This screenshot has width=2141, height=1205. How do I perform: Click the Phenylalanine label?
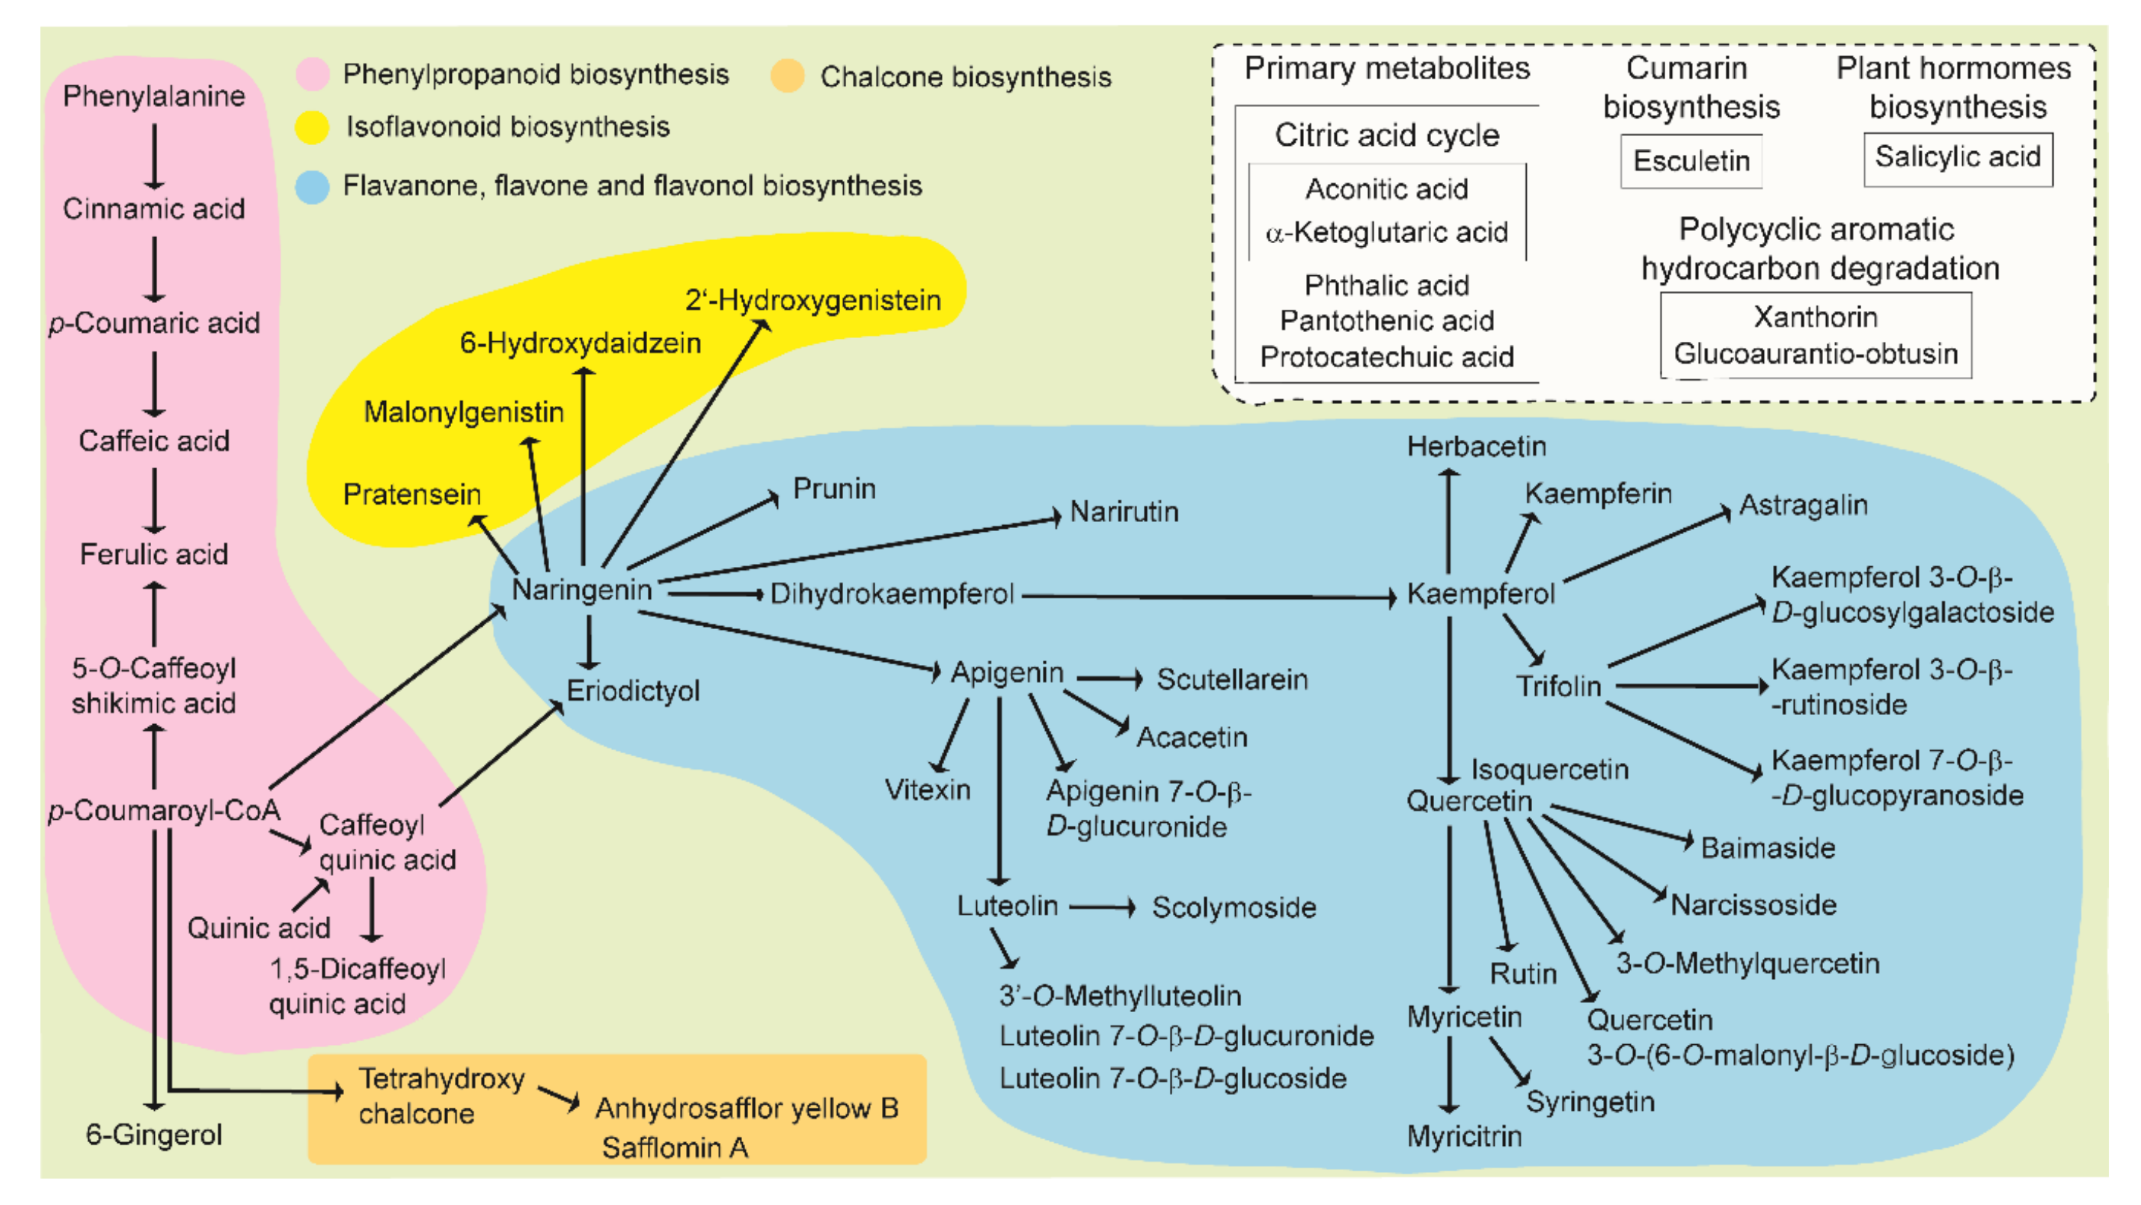(x=154, y=96)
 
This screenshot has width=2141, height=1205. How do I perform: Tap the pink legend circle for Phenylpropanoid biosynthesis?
(x=313, y=74)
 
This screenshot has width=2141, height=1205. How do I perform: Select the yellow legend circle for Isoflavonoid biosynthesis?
(x=313, y=127)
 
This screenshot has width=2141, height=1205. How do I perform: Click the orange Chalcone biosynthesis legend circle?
(x=786, y=76)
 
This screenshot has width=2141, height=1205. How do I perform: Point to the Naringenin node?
(x=582, y=590)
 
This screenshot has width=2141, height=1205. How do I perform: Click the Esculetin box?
(x=1691, y=160)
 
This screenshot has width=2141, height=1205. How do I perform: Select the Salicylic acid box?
(x=1957, y=157)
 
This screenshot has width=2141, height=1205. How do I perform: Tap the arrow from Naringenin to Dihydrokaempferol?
(x=714, y=594)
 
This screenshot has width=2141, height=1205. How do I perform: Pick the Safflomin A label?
(x=675, y=1147)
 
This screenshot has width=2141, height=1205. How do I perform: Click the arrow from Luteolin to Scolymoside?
(x=1102, y=907)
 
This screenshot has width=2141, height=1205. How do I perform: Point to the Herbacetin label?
(x=1476, y=447)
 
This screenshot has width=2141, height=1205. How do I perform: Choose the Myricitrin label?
(x=1464, y=1136)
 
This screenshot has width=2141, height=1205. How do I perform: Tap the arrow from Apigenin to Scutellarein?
(x=1110, y=680)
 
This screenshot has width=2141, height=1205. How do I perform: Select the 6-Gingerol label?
(x=154, y=1135)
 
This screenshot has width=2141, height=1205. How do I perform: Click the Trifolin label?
(x=1557, y=687)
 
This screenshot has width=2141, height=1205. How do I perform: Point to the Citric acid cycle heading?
(x=1386, y=135)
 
